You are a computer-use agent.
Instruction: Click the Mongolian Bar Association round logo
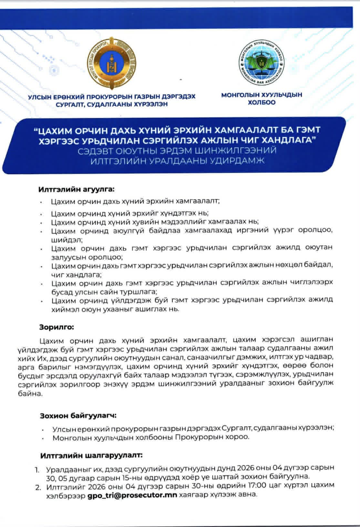[x=261, y=63]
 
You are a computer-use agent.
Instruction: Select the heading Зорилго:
[x=57, y=327]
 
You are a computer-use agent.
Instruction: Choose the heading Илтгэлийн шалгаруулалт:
[x=91, y=455]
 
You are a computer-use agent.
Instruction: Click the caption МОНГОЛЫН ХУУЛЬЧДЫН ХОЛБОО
[x=261, y=99]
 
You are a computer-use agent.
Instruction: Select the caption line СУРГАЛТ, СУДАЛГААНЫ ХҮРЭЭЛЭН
[x=111, y=105]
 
